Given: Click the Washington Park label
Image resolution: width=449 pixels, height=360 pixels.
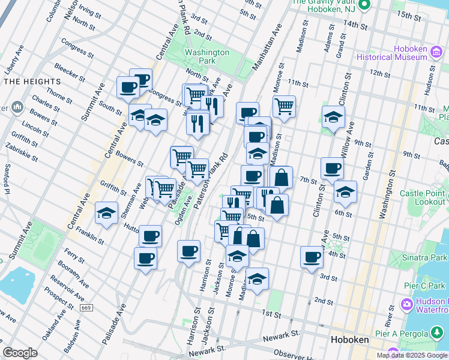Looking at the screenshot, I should coord(207,56).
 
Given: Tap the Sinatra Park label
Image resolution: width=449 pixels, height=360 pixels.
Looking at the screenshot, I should coord(425,257).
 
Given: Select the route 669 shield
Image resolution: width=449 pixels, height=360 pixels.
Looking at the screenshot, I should coord(87,307).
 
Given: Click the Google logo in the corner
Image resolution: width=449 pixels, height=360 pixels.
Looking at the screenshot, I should coord(20,353).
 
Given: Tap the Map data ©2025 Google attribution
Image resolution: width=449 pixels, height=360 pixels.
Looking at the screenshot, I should coord(412,355).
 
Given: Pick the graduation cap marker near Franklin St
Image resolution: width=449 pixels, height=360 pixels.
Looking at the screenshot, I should coord(106,212).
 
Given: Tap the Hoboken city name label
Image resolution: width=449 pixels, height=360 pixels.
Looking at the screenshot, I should coord(350,340).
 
